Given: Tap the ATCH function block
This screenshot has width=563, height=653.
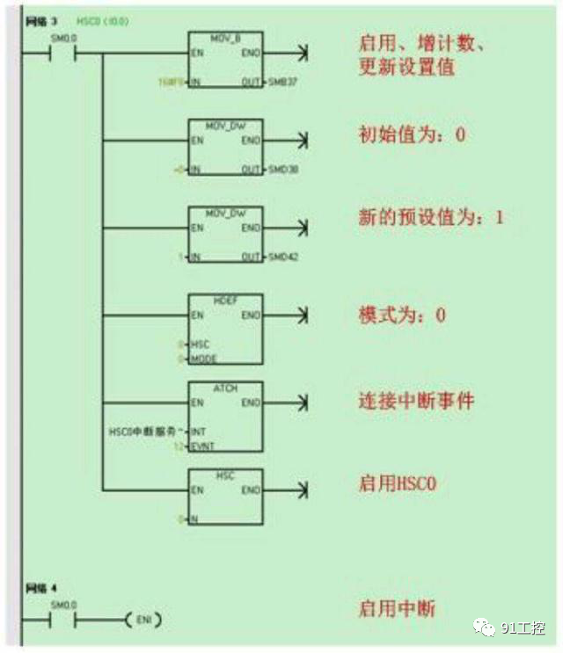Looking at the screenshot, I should tap(225, 417).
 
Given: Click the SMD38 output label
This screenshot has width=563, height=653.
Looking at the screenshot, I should tap(281, 168).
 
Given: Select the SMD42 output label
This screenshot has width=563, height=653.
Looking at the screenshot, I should tap(281, 257).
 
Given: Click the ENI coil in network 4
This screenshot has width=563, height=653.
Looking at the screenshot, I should tap(145, 620).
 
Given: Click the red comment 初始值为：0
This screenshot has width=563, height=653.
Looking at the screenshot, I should tap(411, 135).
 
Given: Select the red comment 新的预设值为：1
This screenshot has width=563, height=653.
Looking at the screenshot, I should tap(431, 216).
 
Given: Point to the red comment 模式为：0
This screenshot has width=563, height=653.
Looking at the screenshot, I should tap(402, 315).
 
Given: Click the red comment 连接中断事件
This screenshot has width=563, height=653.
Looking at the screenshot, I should tap(416, 402).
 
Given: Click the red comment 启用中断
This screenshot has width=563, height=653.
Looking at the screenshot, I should tap(397, 608).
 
